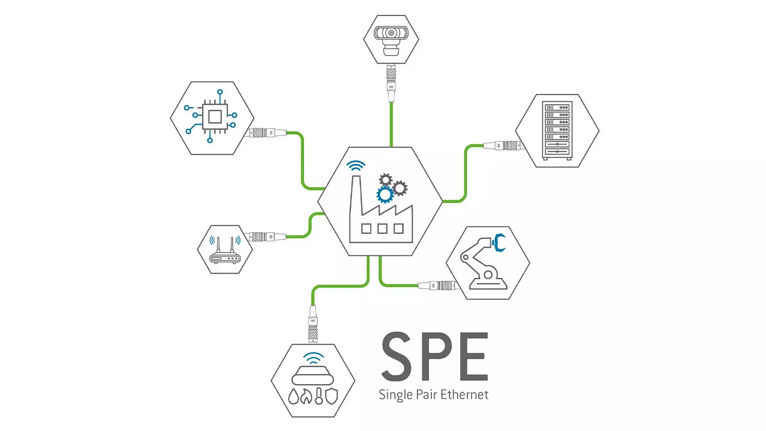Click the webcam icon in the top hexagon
point(391,38)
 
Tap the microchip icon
point(214,117)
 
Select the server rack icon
point(557,130)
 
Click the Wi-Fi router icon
point(225,251)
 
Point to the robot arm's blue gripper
point(499,242)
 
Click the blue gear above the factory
point(385,194)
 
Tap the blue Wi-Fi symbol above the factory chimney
point(356,166)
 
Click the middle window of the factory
point(382,228)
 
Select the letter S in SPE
point(396,356)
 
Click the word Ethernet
point(464,395)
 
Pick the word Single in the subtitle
point(395,396)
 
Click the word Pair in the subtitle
point(426,395)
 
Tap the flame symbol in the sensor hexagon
point(306,397)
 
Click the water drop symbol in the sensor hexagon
point(293,397)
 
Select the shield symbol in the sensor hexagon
point(331,396)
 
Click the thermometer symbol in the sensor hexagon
point(319,396)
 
